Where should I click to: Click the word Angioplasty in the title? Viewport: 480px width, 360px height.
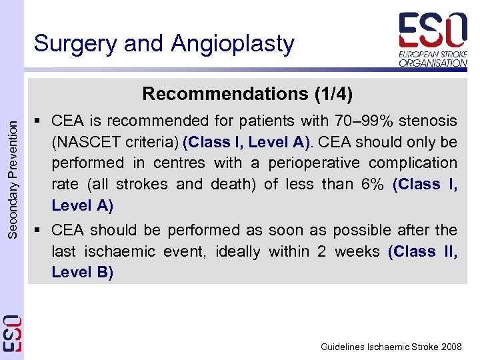pos(233,44)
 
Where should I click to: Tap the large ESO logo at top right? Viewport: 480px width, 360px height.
pos(433,30)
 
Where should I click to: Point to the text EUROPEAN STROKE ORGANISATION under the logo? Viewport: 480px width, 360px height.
pos(433,57)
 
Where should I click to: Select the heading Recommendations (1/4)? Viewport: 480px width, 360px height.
pos(247,93)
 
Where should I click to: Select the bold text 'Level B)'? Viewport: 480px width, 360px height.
pos(82,273)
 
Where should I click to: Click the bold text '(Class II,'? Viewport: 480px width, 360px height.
pos(423,251)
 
